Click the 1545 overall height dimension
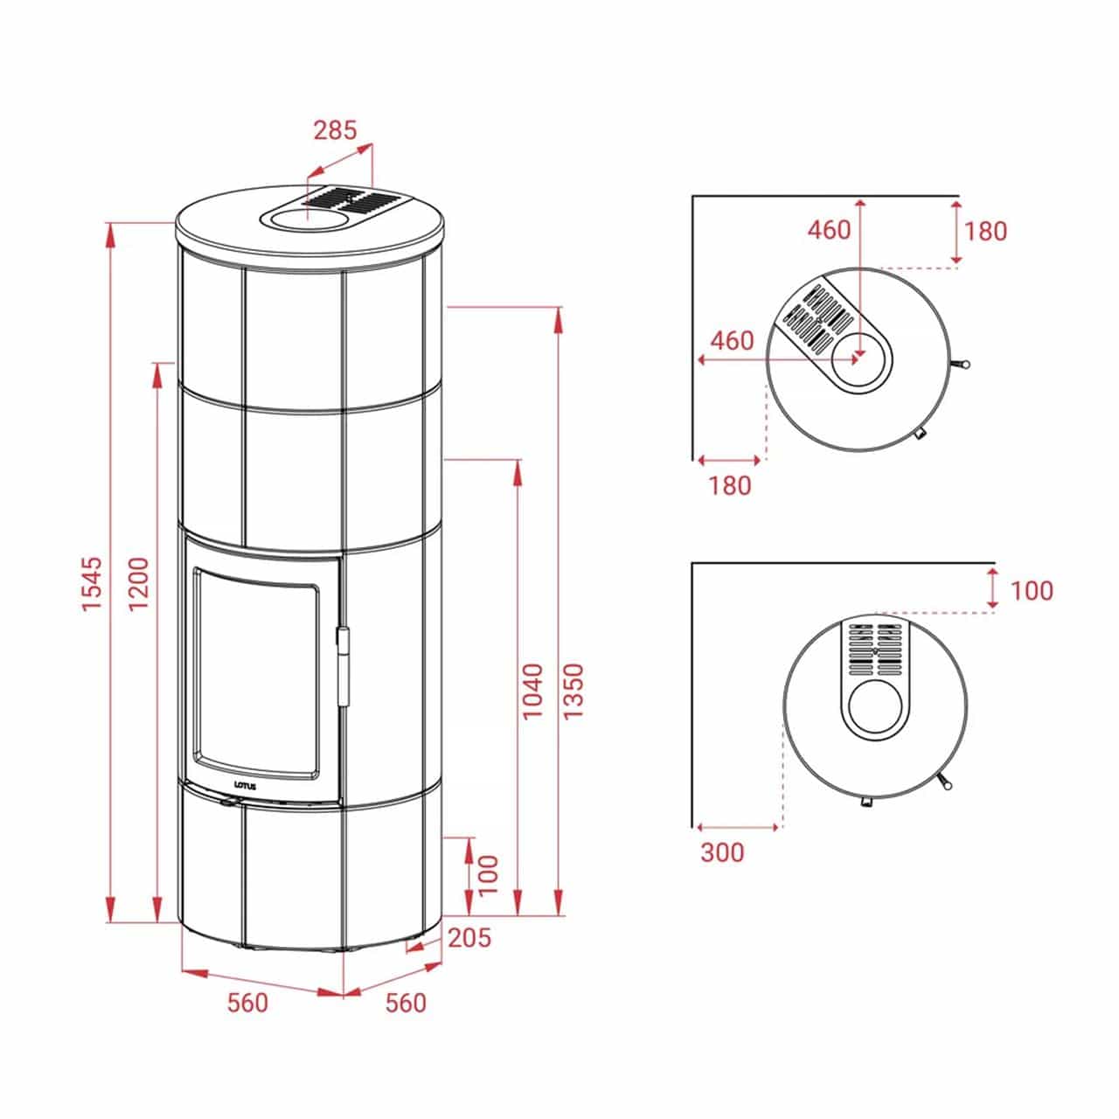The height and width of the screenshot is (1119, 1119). pos(93,583)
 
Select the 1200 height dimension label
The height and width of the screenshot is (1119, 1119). pos(139,583)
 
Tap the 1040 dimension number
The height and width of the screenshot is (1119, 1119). pos(532,692)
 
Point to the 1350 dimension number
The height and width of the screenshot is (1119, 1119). pos(573,692)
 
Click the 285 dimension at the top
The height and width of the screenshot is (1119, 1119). pos(336,130)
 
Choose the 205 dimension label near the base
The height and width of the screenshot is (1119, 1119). pos(469,938)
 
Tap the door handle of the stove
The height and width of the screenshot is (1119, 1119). pos(345,664)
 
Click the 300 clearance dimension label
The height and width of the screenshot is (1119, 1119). pos(722,851)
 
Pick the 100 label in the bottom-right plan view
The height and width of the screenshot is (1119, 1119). pos(1032,591)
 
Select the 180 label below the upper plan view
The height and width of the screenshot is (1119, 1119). pos(730,485)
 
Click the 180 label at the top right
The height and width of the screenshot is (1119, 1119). pos(986,231)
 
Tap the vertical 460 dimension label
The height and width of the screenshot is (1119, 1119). pos(829,230)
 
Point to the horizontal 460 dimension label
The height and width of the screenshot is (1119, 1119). pos(732,340)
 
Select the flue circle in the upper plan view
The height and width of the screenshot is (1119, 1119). pos(859,361)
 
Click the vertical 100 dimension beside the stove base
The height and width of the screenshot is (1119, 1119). pos(488,874)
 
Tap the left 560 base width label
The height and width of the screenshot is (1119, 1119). pos(247,1003)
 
